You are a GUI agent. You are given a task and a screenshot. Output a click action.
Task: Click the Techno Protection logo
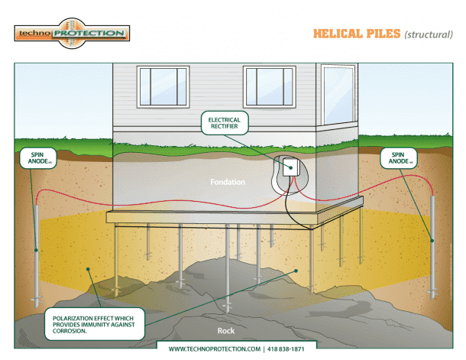[72, 34]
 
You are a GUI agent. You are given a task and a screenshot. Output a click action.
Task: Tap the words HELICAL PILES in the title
[357, 34]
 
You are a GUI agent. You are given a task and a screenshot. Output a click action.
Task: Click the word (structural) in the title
[429, 34]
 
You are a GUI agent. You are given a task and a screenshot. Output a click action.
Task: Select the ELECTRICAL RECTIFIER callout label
[225, 123]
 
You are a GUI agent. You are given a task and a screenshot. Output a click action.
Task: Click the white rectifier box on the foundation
[290, 167]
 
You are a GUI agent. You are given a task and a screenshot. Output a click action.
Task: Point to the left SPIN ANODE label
[38, 158]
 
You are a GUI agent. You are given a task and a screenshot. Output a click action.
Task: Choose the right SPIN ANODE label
[399, 158]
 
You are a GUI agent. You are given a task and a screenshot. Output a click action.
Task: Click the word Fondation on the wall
[228, 182]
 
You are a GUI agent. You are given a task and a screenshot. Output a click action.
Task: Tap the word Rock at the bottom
[226, 331]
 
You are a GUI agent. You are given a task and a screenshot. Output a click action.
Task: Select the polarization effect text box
[95, 324]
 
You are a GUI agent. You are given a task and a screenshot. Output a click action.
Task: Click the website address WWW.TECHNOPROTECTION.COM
[215, 349]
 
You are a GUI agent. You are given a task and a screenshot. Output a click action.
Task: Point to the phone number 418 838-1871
[286, 349]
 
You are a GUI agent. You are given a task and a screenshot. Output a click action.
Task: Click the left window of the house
[163, 87]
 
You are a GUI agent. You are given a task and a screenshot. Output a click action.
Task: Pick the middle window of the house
[269, 87]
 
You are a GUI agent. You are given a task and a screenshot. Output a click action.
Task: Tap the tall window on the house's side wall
[338, 95]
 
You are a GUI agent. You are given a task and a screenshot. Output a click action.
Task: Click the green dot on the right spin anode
[432, 241]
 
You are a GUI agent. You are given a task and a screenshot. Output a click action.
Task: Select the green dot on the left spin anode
[36, 250]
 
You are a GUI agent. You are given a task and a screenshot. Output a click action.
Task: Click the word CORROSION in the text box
[70, 331]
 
